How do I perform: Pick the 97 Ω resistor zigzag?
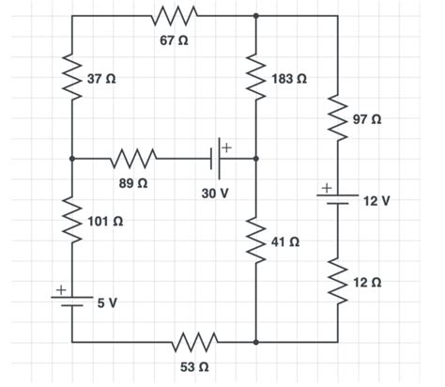click(339, 118)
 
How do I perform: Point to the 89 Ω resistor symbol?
click(132, 159)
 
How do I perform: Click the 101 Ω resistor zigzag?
click(71, 220)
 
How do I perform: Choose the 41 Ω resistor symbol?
click(256, 240)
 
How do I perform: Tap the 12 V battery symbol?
click(339, 200)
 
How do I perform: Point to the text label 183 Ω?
click(288, 79)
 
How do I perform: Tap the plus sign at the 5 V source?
click(58, 290)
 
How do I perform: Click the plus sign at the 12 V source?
click(326, 188)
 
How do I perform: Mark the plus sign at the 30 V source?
click(227, 145)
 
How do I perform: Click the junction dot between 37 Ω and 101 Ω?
click(71, 159)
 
